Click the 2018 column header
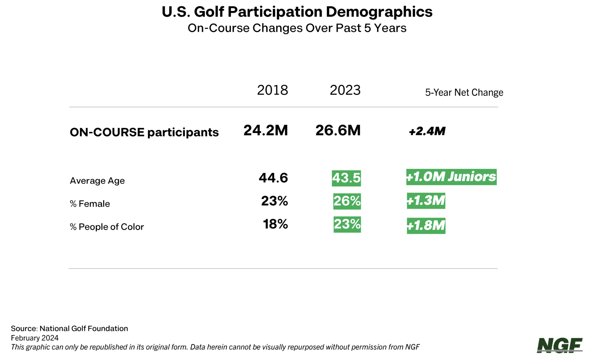272,90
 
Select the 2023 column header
345,90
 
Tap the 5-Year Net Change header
464,92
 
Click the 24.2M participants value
265,130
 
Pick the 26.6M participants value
338,130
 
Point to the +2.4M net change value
427,131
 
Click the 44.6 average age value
273,178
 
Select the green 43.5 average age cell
346,178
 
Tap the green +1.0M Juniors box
451,177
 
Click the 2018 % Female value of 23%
274,201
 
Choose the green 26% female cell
347,201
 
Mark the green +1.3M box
426,201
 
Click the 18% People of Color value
275,224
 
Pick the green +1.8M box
426,226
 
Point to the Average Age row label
97,181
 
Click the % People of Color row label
107,227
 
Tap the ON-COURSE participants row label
144,132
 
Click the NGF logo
560,345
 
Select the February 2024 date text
35,338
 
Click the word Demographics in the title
379,12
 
